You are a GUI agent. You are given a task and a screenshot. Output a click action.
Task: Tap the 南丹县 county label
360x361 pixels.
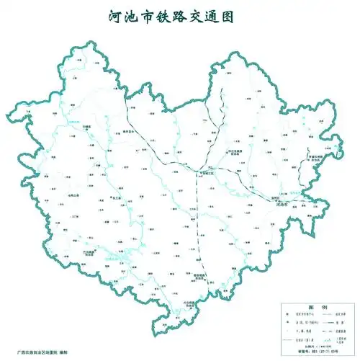[x=128, y=133]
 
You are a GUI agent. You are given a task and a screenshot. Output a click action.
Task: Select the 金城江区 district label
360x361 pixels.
[x=208, y=173]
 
